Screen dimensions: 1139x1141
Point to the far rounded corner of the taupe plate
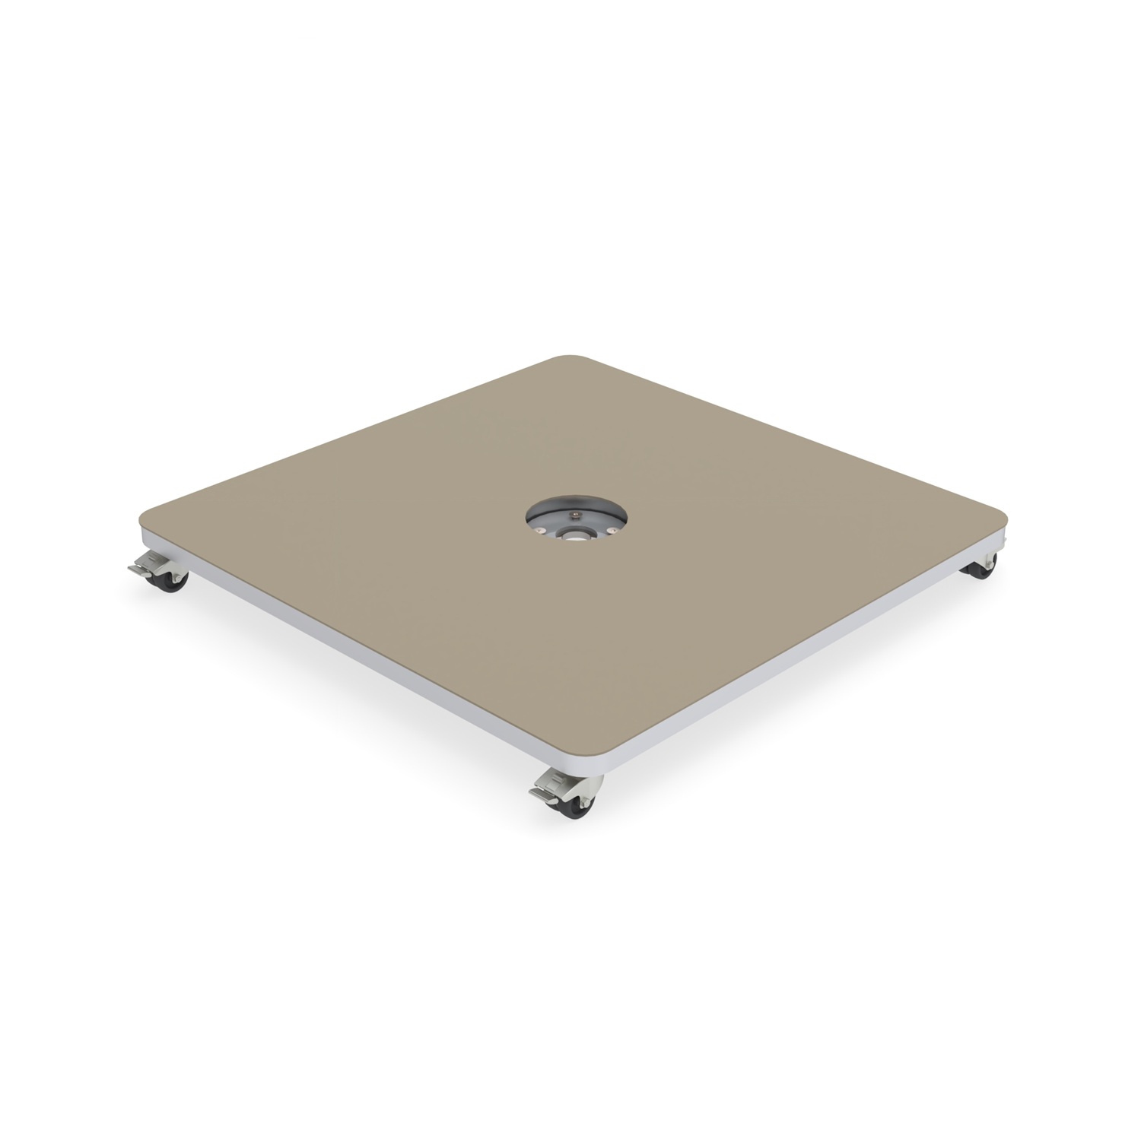click(567, 357)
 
